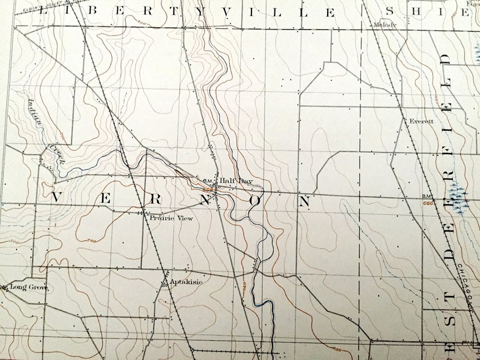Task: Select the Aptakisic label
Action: click(186, 281)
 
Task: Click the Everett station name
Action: click(421, 121)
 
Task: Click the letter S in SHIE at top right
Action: click(390, 11)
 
